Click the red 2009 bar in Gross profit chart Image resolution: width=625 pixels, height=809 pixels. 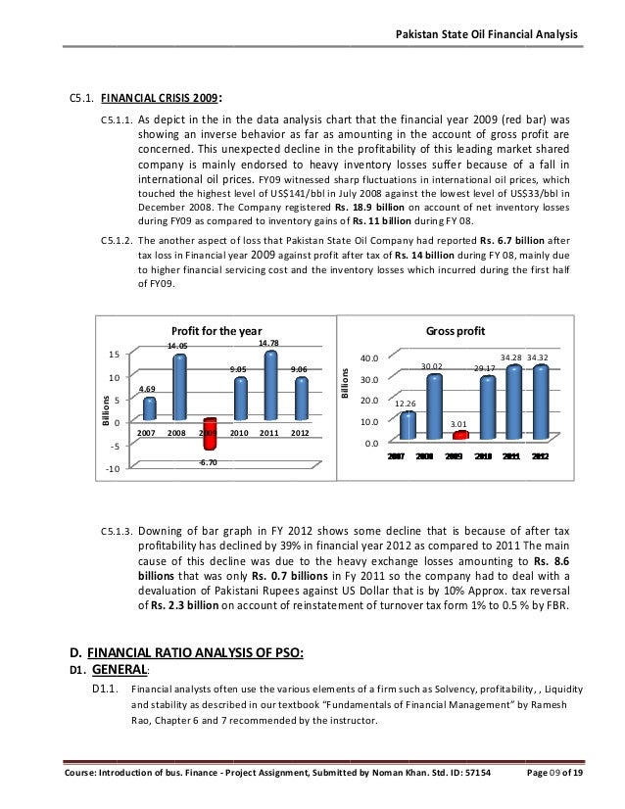tap(459, 434)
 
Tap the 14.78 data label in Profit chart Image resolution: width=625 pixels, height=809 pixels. tap(268, 343)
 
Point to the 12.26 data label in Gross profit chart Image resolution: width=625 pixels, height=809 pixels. tap(406, 403)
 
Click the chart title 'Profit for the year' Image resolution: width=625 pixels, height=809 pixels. tap(211, 330)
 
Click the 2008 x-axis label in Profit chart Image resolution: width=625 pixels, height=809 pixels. tap(177, 431)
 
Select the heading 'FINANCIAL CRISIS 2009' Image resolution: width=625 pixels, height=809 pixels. tap(161, 98)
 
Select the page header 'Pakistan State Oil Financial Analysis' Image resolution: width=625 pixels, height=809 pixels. tap(486, 35)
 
